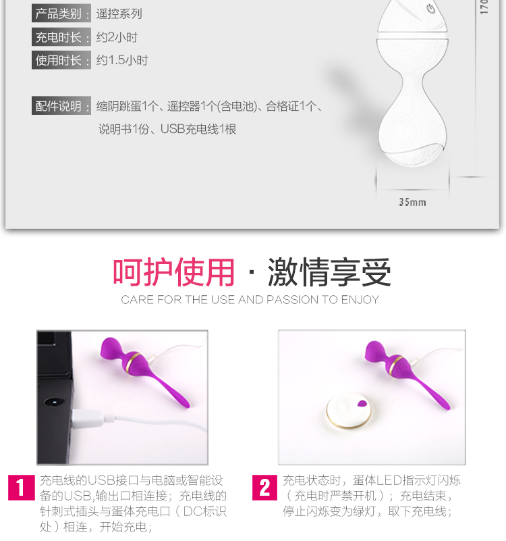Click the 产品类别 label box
61,14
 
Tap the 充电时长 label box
61,37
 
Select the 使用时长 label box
61,60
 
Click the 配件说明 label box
61,105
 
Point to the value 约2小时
117,37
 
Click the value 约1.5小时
122,60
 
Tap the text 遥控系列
119,14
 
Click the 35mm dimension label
412,202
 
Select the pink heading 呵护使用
173,272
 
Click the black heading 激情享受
329,272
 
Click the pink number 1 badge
22,488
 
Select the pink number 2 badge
264,488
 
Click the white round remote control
349,411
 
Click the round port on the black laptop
54,403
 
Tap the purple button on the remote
362,403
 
